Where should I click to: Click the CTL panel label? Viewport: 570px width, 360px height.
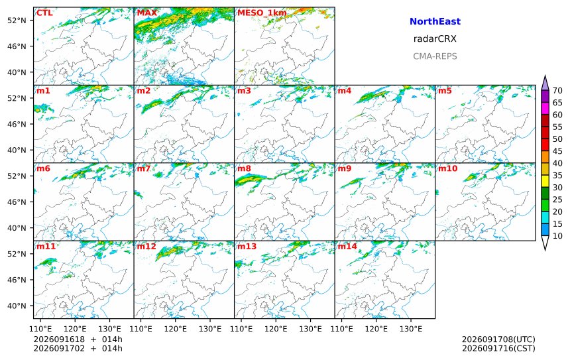pyautogui.click(x=44, y=13)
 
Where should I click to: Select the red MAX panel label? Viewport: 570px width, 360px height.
pyautogui.click(x=147, y=13)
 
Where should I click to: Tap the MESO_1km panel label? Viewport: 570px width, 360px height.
pyautogui.click(x=262, y=13)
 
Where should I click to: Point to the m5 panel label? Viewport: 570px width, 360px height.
pyautogui.click(x=445, y=91)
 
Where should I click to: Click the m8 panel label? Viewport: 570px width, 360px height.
pyautogui.click(x=244, y=168)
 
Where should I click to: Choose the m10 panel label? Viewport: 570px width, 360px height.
pyautogui.click(x=447, y=168)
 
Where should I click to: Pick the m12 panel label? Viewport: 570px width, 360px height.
pyautogui.click(x=146, y=246)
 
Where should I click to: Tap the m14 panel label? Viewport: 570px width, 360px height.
pyautogui.click(x=347, y=246)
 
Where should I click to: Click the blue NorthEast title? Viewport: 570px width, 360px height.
pyautogui.click(x=435, y=21)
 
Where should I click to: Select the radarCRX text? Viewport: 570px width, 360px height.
pyautogui.click(x=435, y=39)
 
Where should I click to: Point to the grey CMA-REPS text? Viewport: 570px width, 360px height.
pyautogui.click(x=435, y=56)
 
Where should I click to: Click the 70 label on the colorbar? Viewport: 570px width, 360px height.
pyautogui.click(x=557, y=91)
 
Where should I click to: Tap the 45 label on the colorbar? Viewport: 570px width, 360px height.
pyautogui.click(x=557, y=151)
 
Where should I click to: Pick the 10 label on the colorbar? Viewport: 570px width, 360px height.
pyautogui.click(x=557, y=236)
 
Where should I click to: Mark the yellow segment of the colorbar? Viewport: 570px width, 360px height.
pyautogui.click(x=545, y=181)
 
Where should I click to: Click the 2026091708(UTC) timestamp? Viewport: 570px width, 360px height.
pyautogui.click(x=498, y=339)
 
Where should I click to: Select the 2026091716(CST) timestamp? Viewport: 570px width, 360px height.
pyautogui.click(x=498, y=348)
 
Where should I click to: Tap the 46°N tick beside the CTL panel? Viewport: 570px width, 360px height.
pyautogui.click(x=17, y=46)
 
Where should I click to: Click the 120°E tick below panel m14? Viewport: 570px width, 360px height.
pyautogui.click(x=376, y=329)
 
